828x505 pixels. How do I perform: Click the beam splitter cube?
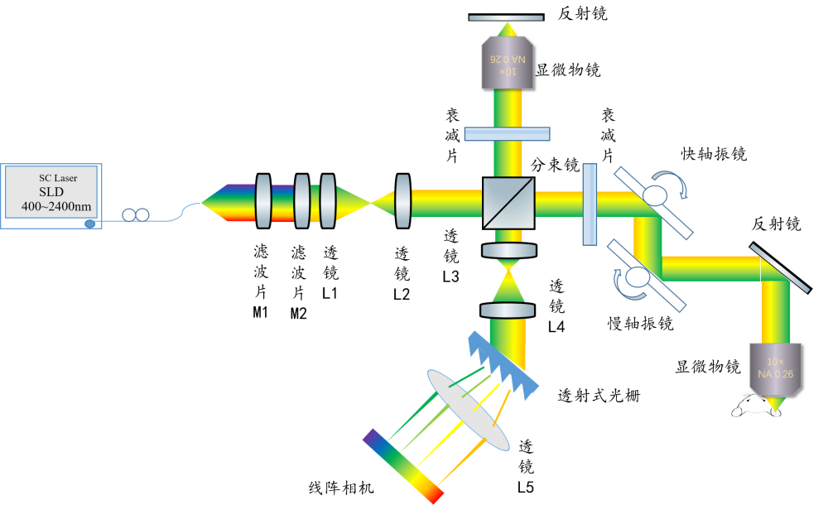[x=507, y=200]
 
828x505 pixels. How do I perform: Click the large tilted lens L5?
[x=469, y=410]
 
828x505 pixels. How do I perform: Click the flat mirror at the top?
[x=507, y=17]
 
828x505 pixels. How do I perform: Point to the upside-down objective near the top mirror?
[x=507, y=61]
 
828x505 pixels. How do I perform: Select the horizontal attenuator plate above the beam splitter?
[x=507, y=134]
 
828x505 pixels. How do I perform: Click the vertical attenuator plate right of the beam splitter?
[x=590, y=204]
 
